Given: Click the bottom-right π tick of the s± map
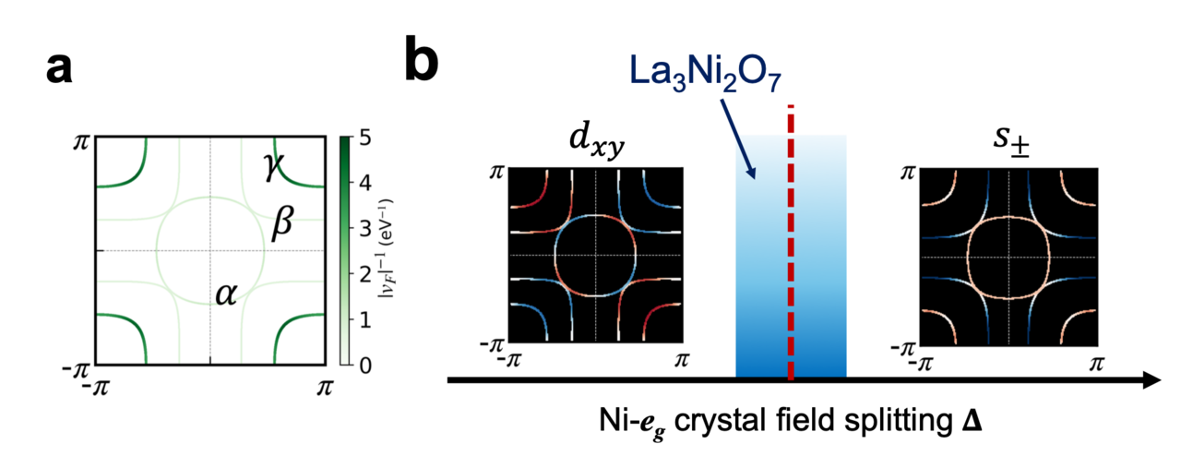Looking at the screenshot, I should pyautogui.click(x=1096, y=362).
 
